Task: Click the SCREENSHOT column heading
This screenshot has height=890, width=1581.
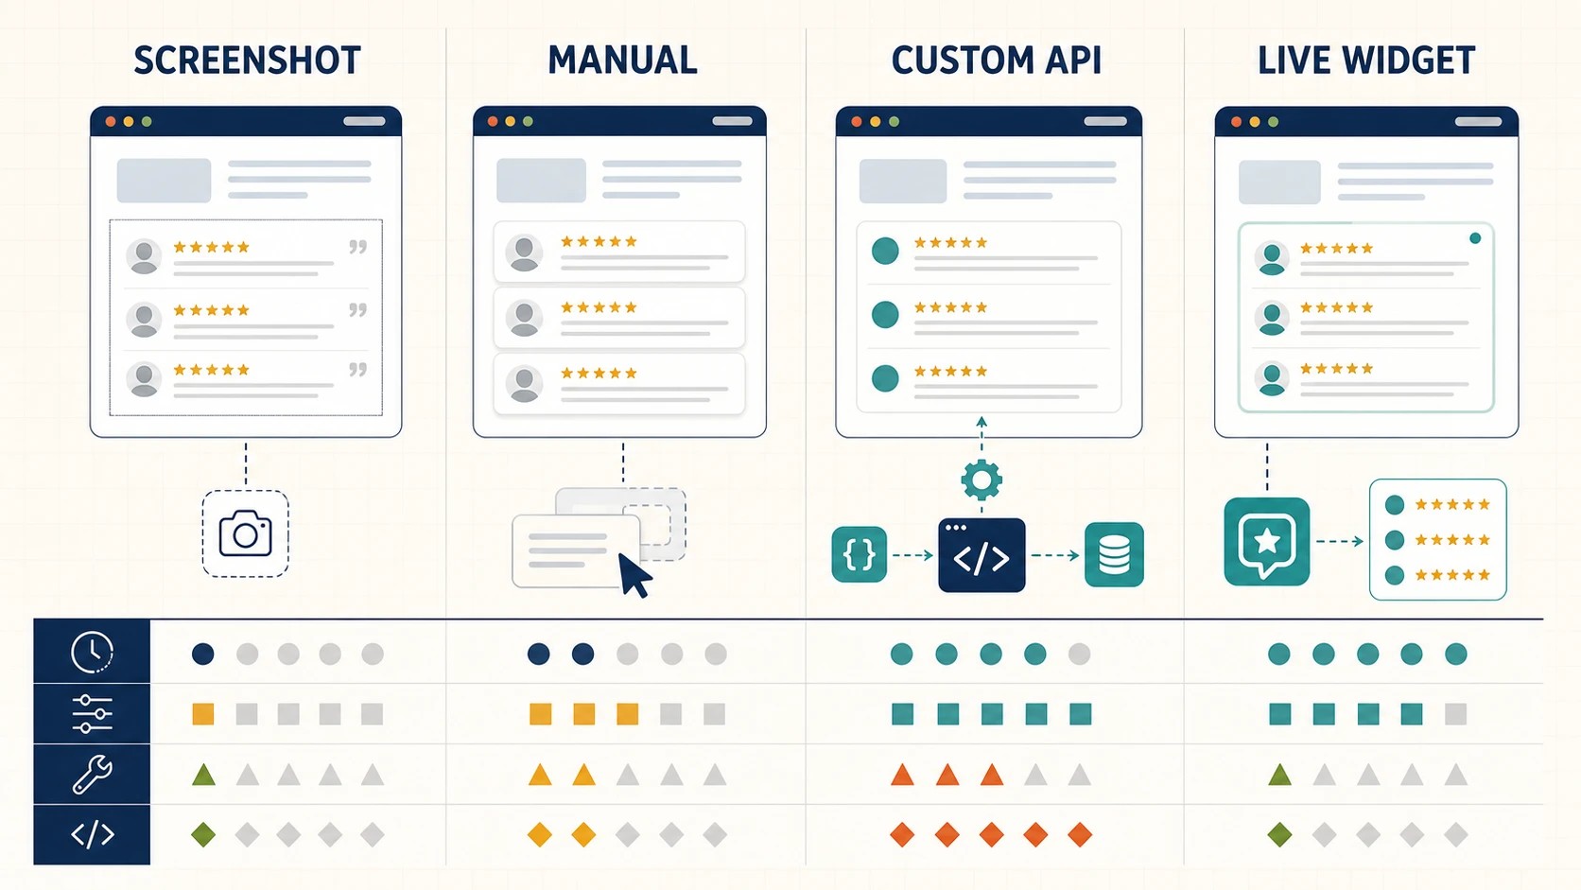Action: click(247, 60)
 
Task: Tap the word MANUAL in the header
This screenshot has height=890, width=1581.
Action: click(622, 60)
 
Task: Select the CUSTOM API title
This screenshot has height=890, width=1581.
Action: click(996, 60)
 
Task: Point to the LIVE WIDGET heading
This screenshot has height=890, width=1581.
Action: click(1366, 60)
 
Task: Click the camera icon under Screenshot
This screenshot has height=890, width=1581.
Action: click(246, 533)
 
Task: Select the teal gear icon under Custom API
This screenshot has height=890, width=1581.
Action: click(982, 480)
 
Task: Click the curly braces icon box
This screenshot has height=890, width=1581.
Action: click(859, 554)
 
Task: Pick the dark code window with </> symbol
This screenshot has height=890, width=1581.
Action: click(982, 555)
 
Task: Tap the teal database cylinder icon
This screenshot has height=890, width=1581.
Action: click(1114, 555)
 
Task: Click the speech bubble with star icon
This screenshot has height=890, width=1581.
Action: click(1267, 541)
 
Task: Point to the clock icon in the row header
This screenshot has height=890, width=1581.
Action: click(92, 652)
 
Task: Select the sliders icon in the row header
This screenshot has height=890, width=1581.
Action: click(92, 713)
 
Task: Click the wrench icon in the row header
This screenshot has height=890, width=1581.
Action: click(92, 775)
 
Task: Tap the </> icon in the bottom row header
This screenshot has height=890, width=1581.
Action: click(93, 835)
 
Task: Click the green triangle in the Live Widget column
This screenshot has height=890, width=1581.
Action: click(1279, 775)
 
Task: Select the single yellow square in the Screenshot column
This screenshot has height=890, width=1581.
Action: click(203, 713)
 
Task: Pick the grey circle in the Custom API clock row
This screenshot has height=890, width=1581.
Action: click(1079, 654)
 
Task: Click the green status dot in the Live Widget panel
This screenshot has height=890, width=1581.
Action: click(1475, 238)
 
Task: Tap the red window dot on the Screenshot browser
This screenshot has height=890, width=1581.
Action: click(111, 121)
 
